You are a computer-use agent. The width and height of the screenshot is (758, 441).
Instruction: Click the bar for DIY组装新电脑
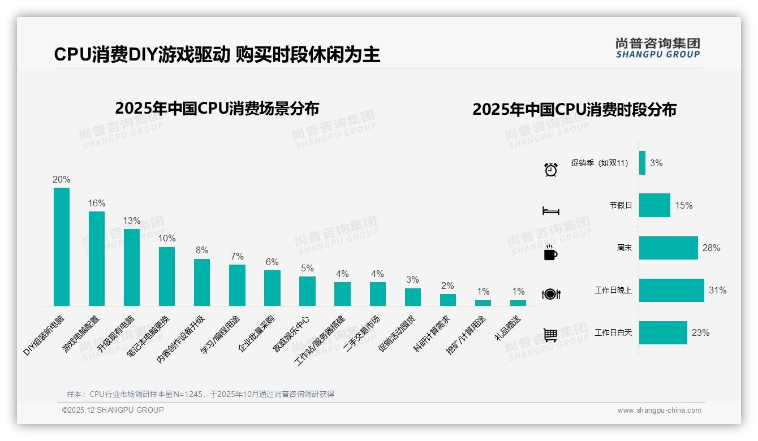[62, 247]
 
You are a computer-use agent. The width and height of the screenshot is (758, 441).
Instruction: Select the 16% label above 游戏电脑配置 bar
[97, 203]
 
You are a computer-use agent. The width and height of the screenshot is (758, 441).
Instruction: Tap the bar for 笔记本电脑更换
[167, 276]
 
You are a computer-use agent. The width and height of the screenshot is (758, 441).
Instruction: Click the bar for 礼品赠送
[518, 303]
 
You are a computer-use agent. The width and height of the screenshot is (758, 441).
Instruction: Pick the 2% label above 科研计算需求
[447, 286]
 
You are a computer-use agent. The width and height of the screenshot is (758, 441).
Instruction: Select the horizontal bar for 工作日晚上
[671, 290]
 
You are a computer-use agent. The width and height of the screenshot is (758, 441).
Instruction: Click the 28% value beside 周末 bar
[712, 248]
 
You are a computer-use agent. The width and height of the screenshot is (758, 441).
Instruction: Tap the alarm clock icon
[550, 169]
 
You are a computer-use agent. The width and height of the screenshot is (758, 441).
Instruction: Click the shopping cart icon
[550, 335]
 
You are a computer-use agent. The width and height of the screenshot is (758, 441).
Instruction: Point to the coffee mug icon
[550, 253]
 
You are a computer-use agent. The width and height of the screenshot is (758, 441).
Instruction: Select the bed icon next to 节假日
[550, 211]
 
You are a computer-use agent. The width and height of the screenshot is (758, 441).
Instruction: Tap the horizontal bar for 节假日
[654, 205]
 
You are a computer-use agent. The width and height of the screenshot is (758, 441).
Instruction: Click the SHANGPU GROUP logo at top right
[658, 47]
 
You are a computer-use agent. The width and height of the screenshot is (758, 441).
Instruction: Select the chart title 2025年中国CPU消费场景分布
[217, 108]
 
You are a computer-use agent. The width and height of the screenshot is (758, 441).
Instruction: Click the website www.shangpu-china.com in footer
[659, 410]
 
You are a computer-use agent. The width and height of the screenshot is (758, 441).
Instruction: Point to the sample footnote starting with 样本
[200, 394]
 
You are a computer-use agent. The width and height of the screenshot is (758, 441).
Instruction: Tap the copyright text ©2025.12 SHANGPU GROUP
[113, 410]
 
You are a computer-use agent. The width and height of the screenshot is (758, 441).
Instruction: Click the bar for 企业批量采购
[272, 288]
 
